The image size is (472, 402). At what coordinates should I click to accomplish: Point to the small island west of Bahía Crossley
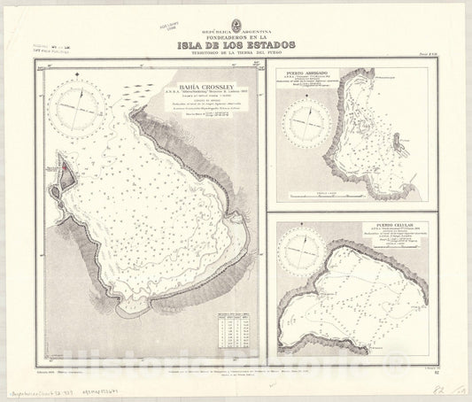coord(63,174)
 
